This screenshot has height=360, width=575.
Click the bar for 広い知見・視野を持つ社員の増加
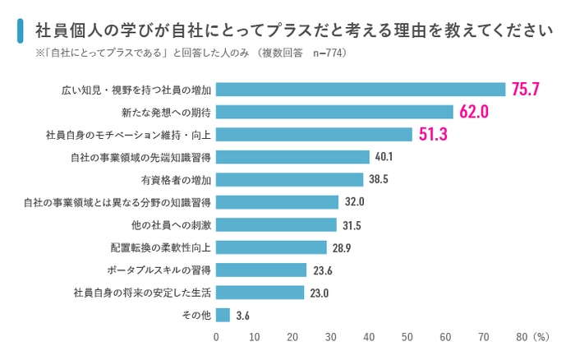click(x=361, y=90)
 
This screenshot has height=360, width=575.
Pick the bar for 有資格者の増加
click(x=290, y=179)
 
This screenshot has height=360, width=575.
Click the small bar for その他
click(x=223, y=315)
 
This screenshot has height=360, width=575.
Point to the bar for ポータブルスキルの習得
click(x=261, y=270)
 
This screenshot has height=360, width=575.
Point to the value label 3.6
click(x=242, y=315)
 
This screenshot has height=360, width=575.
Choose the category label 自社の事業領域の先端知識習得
click(x=142, y=157)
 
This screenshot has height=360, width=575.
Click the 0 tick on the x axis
click(x=217, y=336)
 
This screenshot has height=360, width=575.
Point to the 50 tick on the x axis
click(x=407, y=336)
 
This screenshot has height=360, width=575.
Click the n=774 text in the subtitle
click(x=325, y=53)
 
